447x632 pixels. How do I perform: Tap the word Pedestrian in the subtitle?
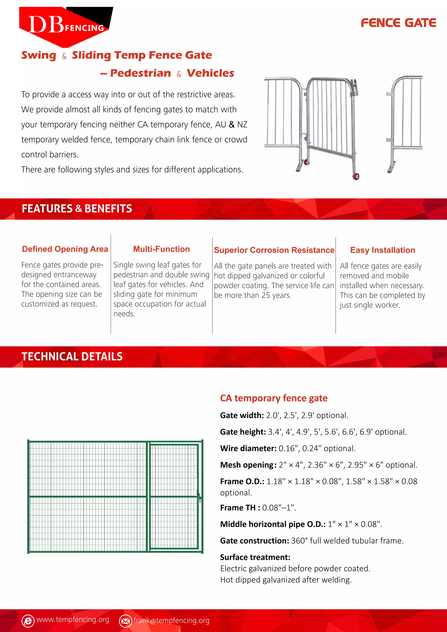click(x=140, y=73)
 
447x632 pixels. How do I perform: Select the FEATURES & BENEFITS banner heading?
click(x=77, y=209)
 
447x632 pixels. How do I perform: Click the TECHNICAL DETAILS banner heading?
click(x=72, y=356)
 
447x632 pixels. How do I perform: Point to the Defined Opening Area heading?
click(x=65, y=249)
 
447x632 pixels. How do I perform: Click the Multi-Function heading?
click(x=161, y=249)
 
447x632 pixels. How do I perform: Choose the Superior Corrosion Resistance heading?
click(x=274, y=250)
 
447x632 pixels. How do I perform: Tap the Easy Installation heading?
click(x=382, y=250)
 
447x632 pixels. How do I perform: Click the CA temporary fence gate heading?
click(x=274, y=398)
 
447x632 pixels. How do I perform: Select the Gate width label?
click(x=242, y=415)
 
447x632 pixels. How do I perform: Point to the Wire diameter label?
click(x=248, y=448)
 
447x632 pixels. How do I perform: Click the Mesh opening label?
click(x=248, y=465)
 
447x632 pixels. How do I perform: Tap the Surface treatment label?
click(x=255, y=557)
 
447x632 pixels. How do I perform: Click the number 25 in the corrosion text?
click(x=266, y=295)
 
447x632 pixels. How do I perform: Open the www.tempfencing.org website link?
click(x=73, y=619)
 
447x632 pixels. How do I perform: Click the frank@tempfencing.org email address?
click(x=172, y=620)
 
